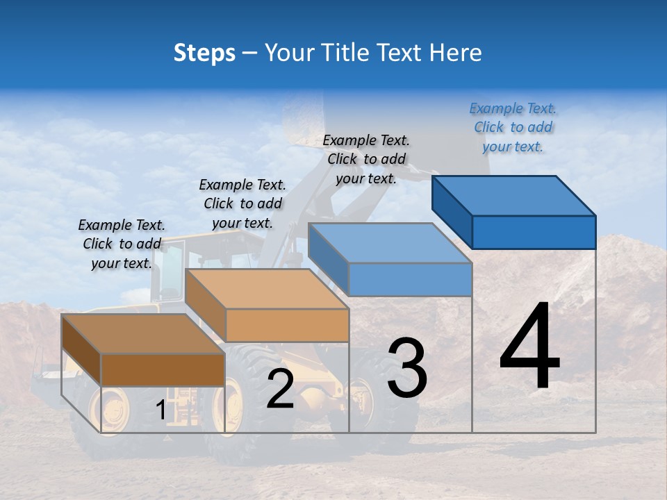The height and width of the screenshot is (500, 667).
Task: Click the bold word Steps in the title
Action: [x=204, y=53]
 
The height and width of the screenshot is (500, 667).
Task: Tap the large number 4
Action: [x=529, y=347]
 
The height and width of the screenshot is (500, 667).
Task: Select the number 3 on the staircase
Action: [x=406, y=368]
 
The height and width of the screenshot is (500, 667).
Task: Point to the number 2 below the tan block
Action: [x=280, y=389]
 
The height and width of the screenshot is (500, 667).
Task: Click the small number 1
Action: [x=160, y=410]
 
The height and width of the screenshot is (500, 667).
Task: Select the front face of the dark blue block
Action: [x=534, y=232]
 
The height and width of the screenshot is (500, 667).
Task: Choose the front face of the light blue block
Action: [x=410, y=280]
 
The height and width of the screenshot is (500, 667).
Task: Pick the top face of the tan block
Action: [x=267, y=289]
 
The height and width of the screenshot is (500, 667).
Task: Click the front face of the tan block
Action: [x=287, y=325]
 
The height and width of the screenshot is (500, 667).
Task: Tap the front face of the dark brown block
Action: [x=163, y=369]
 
